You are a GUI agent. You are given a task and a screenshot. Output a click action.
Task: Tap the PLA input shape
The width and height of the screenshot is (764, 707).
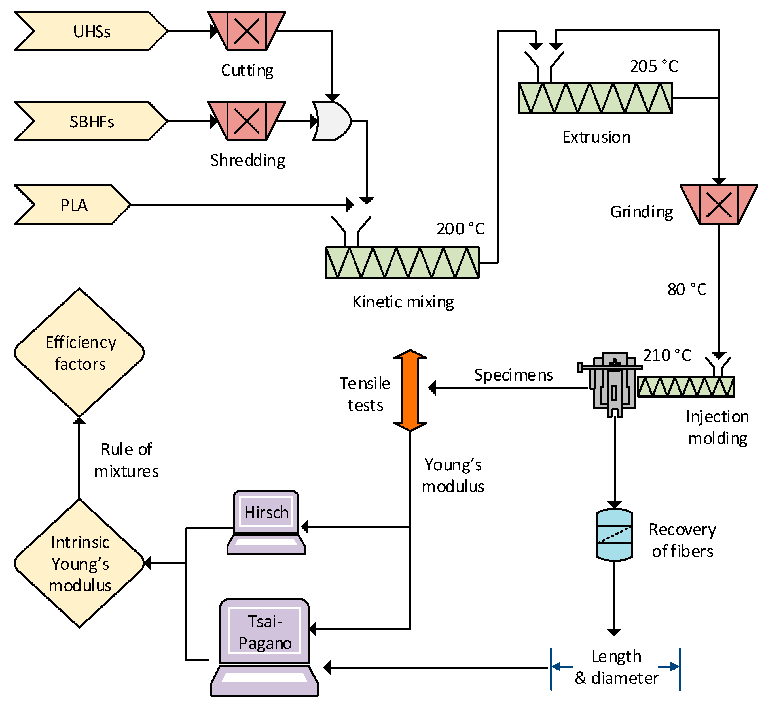tap(73, 205)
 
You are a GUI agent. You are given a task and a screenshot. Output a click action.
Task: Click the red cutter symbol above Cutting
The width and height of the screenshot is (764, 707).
tap(247, 31)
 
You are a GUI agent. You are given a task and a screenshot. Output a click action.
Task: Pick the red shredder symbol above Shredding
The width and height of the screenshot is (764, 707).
tap(247, 121)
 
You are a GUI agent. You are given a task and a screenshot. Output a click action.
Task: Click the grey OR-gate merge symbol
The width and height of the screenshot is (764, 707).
tap(331, 121)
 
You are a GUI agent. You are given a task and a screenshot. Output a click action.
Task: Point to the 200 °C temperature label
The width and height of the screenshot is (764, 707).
tap(460, 229)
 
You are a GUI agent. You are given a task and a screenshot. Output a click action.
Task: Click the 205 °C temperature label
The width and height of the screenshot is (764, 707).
tap(654, 66)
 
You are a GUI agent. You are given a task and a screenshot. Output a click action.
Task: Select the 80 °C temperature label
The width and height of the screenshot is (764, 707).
tap(687, 289)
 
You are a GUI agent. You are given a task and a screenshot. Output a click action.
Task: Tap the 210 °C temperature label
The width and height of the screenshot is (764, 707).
tap(667, 355)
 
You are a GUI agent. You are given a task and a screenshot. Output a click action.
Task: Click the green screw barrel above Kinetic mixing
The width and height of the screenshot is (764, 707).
tap(402, 262)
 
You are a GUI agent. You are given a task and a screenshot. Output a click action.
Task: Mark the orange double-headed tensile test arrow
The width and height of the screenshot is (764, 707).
tap(410, 390)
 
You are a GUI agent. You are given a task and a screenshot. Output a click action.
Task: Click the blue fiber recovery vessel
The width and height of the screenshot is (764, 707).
tap(614, 535)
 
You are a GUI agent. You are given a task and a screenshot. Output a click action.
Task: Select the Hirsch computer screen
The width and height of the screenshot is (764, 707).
tap(266, 512)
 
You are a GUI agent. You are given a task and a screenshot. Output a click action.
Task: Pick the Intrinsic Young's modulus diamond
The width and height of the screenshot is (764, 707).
tap(79, 563)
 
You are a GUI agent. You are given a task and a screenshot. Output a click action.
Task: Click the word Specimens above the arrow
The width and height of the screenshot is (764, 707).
tap(513, 375)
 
